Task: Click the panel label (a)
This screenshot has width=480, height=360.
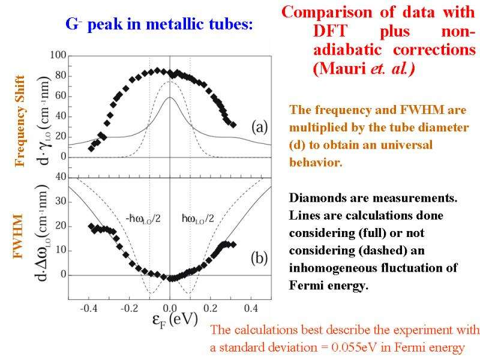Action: pyautogui.click(x=259, y=127)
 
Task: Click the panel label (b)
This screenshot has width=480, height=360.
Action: pyautogui.click(x=259, y=259)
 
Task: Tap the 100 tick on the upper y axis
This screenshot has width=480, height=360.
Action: pyautogui.click(x=58, y=56)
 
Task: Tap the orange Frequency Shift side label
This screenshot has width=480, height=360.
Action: pyautogui.click(x=20, y=121)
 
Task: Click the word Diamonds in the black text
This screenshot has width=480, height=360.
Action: pyautogui.click(x=316, y=198)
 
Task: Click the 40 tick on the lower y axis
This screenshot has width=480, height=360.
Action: pyautogui.click(x=59, y=177)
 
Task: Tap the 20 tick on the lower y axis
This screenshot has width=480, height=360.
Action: pyautogui.click(x=59, y=226)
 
